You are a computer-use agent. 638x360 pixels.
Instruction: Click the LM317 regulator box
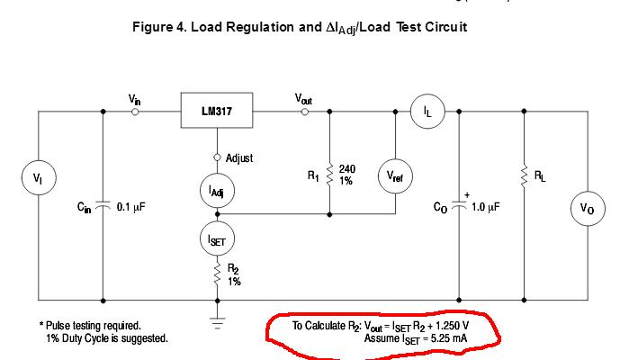point(216,112)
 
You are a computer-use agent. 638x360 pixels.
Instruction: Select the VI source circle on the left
point(38,178)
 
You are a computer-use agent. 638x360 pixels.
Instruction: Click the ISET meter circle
point(216,238)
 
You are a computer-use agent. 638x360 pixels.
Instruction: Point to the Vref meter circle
point(395,178)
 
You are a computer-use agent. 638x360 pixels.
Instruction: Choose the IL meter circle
point(427,112)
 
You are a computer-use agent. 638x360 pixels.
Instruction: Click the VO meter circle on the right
point(588,210)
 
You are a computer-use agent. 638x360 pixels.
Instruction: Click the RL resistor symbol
point(523,176)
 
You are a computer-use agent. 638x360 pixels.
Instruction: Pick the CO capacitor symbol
point(459,206)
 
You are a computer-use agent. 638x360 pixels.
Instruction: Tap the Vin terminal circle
point(135,112)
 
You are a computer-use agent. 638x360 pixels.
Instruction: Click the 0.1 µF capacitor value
point(130,207)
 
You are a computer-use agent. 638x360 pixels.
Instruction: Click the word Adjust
point(239,158)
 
